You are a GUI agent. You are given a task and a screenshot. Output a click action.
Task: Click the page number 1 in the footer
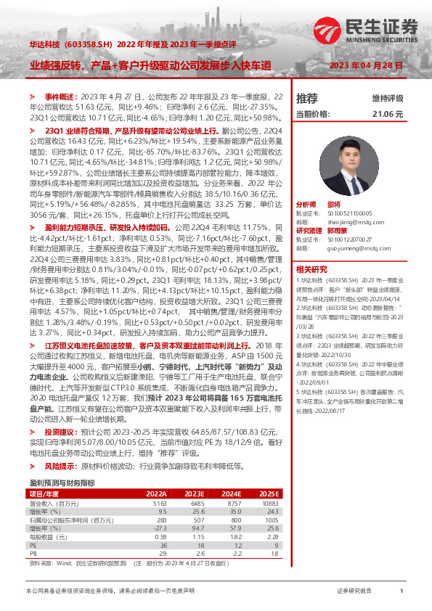pos(401,592)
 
